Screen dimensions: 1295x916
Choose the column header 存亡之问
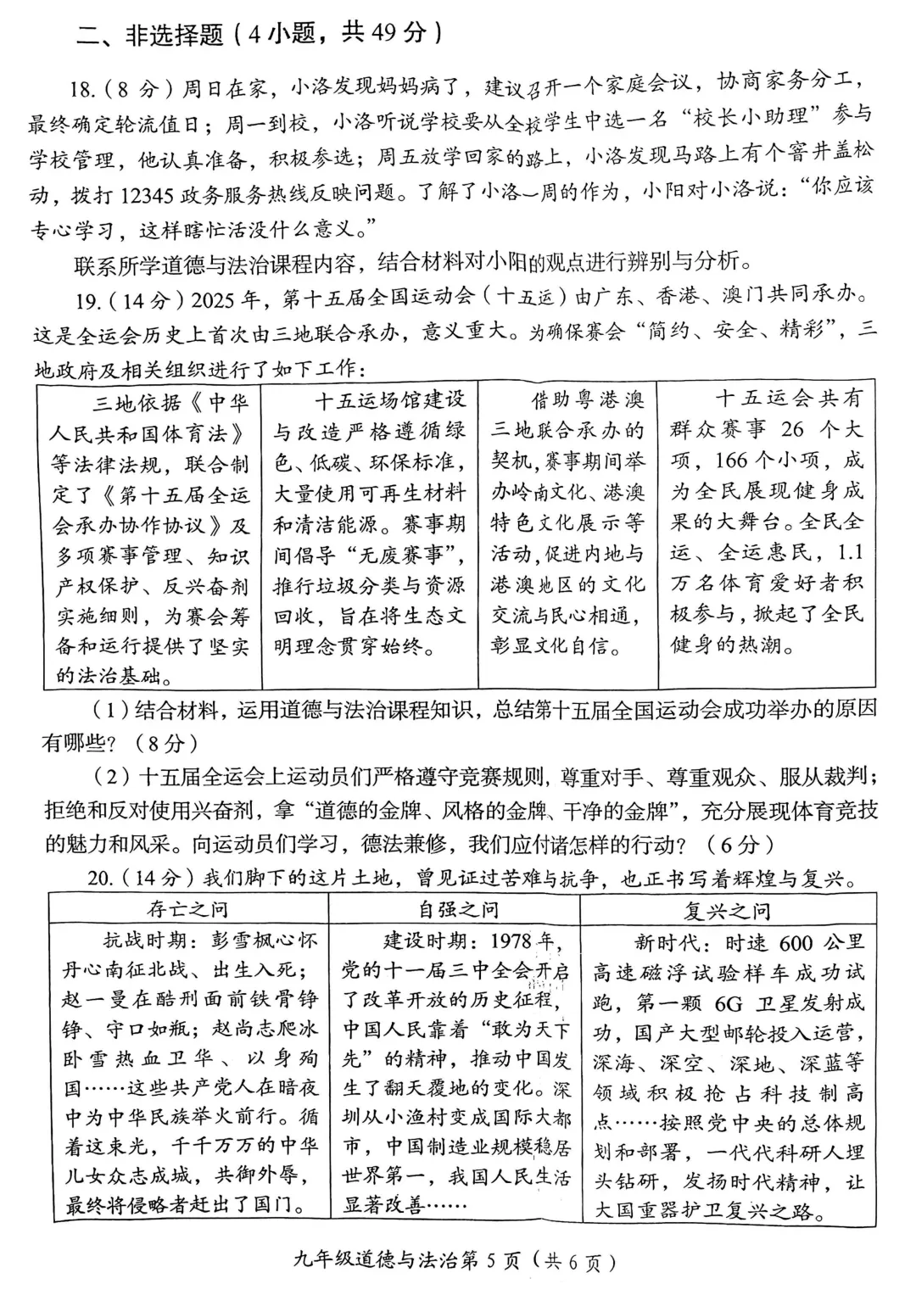tap(187, 910)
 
